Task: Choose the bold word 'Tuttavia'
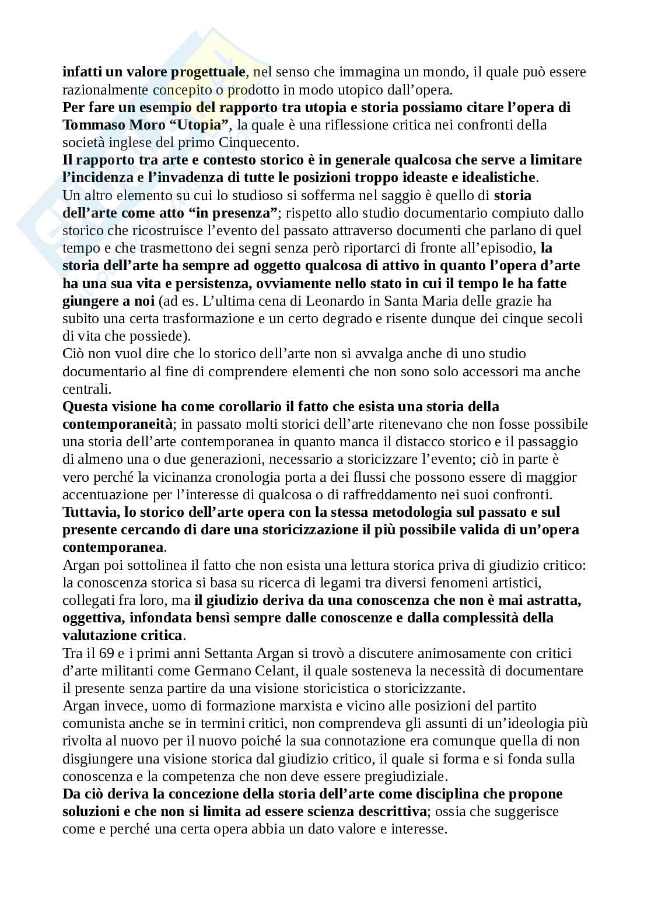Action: (x=89, y=512)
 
